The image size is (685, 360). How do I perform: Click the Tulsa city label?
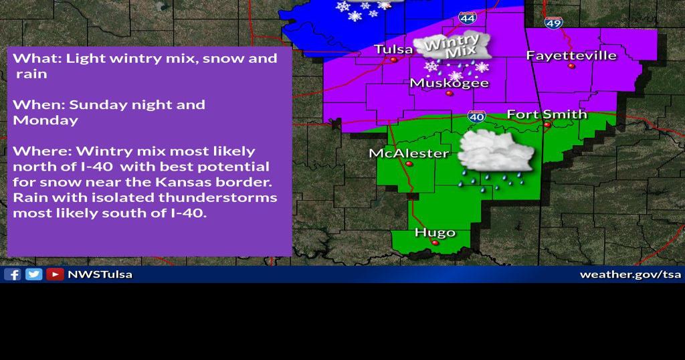tap(393, 50)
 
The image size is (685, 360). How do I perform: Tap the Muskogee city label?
tap(449, 83)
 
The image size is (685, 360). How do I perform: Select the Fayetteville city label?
tap(571, 55)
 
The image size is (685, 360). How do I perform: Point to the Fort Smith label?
tap(547, 114)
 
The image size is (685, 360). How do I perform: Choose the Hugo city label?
tap(435, 233)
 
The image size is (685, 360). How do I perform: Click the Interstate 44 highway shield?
tap(468, 17)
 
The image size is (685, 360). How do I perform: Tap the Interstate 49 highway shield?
tap(553, 22)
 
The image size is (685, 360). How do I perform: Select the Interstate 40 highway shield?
tap(476, 116)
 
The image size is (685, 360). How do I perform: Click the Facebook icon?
tap(13, 274)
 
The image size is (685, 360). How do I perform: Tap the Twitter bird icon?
tap(33, 274)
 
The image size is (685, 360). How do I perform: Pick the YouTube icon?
tap(55, 274)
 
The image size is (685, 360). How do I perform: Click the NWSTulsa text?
tap(100, 274)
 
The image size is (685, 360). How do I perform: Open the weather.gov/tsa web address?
tap(629, 274)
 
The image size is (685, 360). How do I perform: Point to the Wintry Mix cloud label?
tap(452, 47)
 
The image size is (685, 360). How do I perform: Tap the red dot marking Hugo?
tap(435, 243)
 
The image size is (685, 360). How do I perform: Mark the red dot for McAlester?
tap(409, 163)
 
